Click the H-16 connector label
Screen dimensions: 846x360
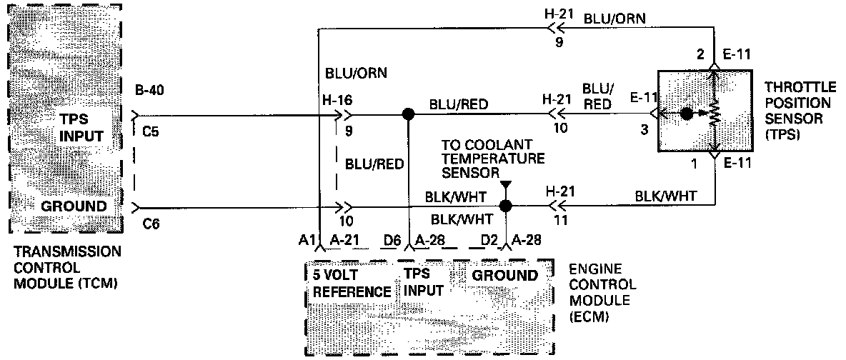click(x=337, y=100)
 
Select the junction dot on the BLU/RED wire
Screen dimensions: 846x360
click(x=408, y=114)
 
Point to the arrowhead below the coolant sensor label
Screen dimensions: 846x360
click(x=506, y=186)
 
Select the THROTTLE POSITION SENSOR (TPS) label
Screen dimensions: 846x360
click(x=800, y=110)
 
